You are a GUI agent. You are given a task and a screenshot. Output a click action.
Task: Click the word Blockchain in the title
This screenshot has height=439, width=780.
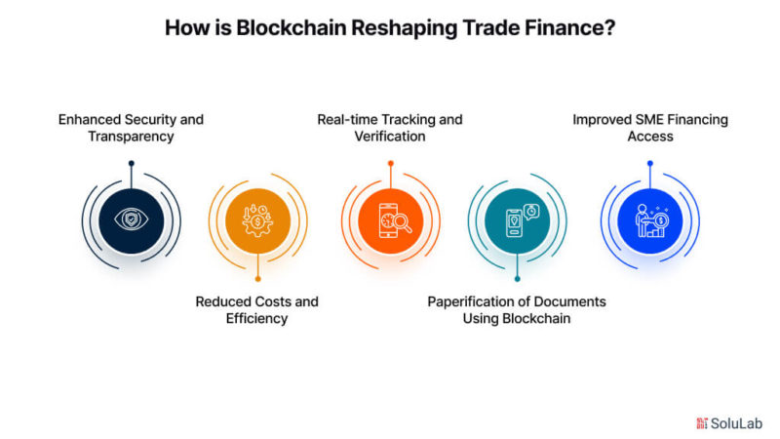tap(291, 28)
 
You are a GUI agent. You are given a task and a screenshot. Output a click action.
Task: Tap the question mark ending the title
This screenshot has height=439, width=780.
tap(610, 28)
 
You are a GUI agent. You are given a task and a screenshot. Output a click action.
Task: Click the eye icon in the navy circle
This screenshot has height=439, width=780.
tap(132, 219)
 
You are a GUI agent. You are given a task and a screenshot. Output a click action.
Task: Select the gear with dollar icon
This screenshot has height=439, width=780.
tap(257, 220)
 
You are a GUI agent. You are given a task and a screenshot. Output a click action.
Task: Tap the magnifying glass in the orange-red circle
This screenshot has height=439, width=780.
tap(402, 222)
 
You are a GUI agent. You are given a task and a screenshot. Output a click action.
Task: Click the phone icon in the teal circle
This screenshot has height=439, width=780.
tap(515, 223)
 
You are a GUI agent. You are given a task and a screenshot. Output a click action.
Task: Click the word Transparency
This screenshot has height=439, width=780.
tap(131, 137)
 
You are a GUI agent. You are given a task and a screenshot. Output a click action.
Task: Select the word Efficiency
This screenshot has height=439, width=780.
tap(256, 319)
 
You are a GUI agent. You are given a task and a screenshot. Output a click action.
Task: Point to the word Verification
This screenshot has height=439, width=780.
tap(390, 137)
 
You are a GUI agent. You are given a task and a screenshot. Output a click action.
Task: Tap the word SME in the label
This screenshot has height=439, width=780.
tap(649, 120)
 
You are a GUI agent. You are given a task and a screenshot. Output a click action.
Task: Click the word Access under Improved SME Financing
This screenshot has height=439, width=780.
tap(650, 137)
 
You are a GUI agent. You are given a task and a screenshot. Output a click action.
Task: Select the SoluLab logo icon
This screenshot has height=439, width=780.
tap(702, 423)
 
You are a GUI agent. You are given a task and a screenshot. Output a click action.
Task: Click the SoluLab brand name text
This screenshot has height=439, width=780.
tap(736, 423)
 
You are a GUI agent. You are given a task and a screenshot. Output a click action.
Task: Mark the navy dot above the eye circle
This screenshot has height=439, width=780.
tap(132, 163)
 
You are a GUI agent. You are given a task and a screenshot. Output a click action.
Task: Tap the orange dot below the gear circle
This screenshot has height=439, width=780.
tap(257, 279)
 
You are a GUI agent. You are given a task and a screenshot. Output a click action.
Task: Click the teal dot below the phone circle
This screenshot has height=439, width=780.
tap(518, 279)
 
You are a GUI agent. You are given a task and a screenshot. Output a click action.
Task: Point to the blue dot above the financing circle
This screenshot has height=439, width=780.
tap(650, 163)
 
